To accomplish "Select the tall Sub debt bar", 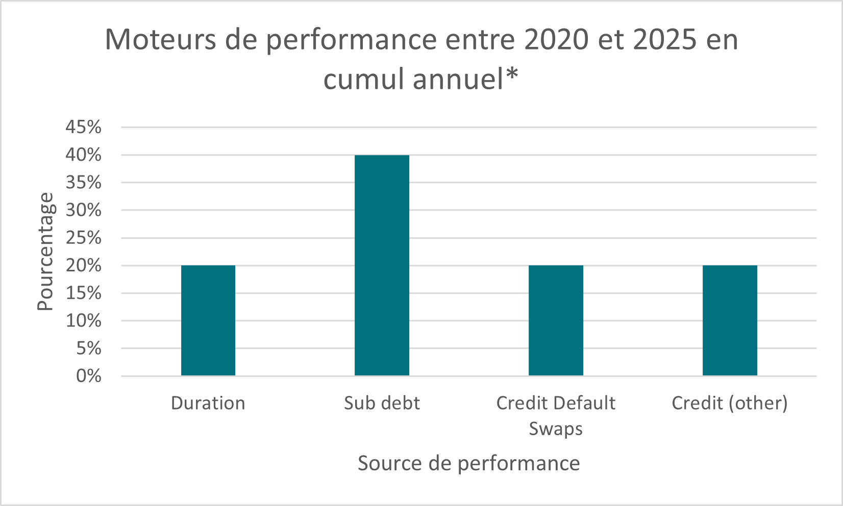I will [382, 265].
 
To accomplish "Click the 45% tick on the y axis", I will [83, 127].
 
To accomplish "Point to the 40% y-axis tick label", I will [83, 155].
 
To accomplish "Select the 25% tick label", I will [83, 238].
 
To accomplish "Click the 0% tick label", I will [88, 376].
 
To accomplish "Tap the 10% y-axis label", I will [83, 321].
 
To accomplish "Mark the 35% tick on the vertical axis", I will [83, 183].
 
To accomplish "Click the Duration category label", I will [208, 403].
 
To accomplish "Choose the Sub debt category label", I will [382, 403].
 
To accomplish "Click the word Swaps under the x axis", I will [556, 428].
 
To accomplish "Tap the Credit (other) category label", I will [730, 403].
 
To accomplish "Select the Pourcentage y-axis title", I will [45, 251].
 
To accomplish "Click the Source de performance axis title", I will [468, 463].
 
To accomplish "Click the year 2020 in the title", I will [556, 40].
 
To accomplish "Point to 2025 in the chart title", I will [665, 40].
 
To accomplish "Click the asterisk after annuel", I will [512, 75].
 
